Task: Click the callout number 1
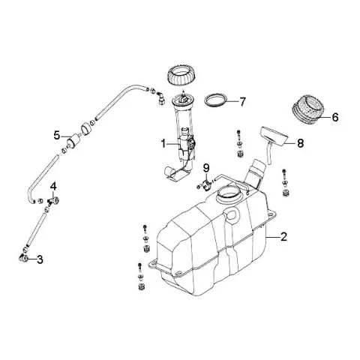[x=163, y=144]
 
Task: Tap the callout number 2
[x=283, y=236]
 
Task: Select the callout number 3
[x=40, y=259]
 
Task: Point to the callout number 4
[x=53, y=186]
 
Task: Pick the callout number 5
[x=57, y=136]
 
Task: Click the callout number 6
[x=335, y=117]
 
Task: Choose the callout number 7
[x=242, y=102]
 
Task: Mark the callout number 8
[x=300, y=143]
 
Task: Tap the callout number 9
[x=206, y=168]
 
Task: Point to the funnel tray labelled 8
[x=274, y=136]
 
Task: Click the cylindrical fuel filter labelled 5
[x=73, y=140]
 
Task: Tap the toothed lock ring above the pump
[x=183, y=75]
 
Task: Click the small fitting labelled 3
[x=23, y=257]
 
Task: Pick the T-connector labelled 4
[x=53, y=201]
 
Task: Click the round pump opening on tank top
[x=229, y=194]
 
